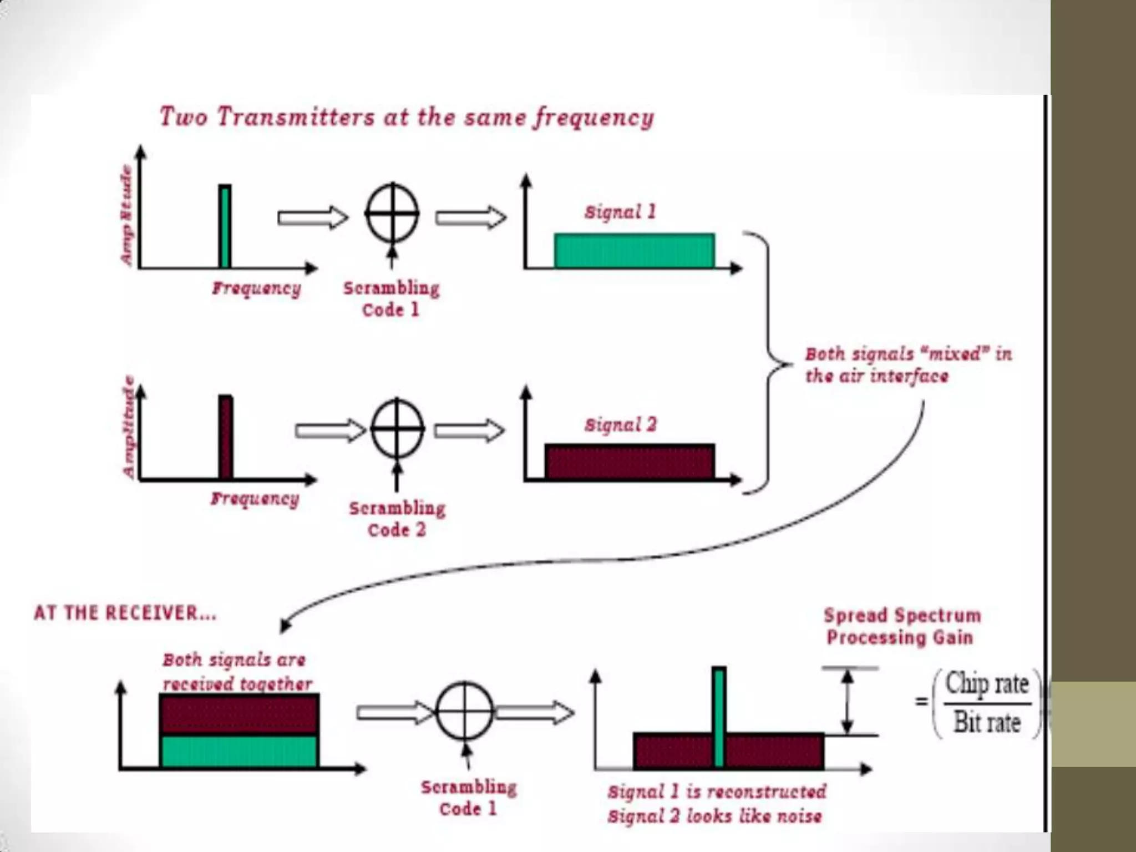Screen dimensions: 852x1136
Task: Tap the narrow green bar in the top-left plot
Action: pyautogui.click(x=225, y=226)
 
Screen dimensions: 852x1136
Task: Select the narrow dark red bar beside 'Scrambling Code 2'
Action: pyautogui.click(x=225, y=437)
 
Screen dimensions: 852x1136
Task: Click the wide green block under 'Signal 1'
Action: pyautogui.click(x=634, y=251)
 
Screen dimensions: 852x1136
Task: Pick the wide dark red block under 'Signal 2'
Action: pyautogui.click(x=630, y=461)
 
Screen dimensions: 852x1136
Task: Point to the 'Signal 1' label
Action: pyautogui.click(x=620, y=211)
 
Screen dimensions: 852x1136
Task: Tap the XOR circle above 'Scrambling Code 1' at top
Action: pyautogui.click(x=392, y=213)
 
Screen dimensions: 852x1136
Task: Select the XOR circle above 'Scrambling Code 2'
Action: pyautogui.click(x=397, y=428)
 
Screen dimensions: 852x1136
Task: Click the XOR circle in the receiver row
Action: pyautogui.click(x=465, y=711)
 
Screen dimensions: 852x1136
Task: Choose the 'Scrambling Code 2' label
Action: pyautogui.click(x=397, y=519)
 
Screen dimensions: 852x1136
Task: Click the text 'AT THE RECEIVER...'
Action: pyautogui.click(x=125, y=613)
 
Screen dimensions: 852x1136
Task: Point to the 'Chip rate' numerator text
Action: pyautogui.click(x=987, y=683)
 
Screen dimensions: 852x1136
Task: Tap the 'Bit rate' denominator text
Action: pyautogui.click(x=987, y=722)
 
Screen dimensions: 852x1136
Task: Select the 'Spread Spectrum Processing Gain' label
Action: pyautogui.click(x=901, y=626)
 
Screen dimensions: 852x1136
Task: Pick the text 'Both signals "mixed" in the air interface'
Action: pyautogui.click(x=908, y=365)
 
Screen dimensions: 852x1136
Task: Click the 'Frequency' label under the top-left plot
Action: pyautogui.click(x=256, y=288)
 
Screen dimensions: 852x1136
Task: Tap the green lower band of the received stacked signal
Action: pyautogui.click(x=239, y=751)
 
